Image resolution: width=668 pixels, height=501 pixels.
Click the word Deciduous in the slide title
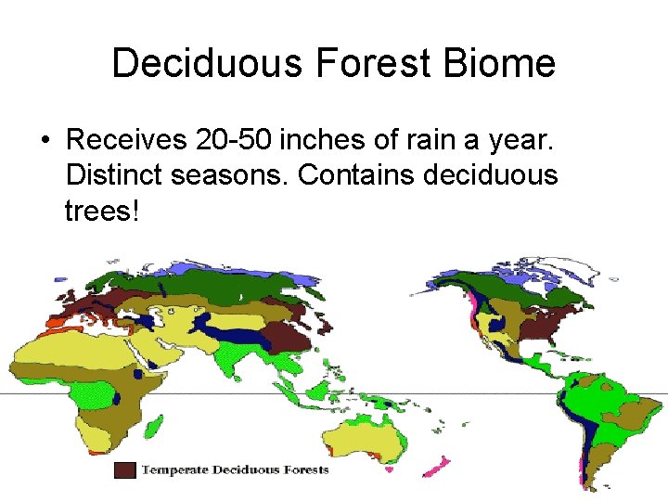209,64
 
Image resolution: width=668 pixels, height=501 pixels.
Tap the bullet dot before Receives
44,141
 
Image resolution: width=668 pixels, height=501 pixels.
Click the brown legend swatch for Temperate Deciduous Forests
125,470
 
